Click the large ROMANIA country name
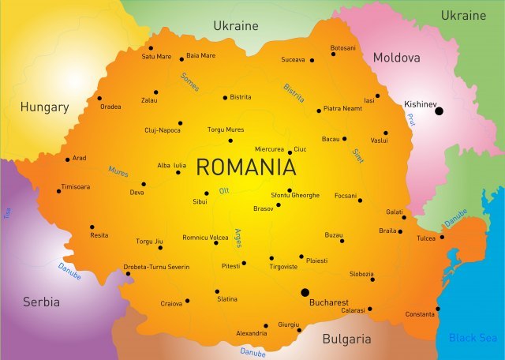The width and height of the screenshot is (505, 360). point(245,167)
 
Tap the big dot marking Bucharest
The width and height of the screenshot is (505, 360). point(305,292)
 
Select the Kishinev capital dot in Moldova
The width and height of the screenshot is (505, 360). point(440,111)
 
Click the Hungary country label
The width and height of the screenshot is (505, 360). point(45,107)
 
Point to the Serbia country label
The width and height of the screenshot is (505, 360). point(41,302)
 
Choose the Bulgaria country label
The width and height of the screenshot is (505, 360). point(346,339)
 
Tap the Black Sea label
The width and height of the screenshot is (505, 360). point(474,338)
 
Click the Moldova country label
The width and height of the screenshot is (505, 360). point(396,58)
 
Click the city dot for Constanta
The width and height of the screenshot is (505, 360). point(438,309)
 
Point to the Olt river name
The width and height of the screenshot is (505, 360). point(223,190)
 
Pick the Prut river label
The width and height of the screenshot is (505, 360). point(411,118)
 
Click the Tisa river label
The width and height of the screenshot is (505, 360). point(7,212)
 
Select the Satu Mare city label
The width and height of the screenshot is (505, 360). point(156,57)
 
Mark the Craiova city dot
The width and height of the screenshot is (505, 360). point(187,301)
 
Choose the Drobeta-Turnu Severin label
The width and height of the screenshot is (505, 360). point(156,267)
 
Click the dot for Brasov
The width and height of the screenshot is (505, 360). point(278,205)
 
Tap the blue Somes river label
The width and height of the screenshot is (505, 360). point(189,81)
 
